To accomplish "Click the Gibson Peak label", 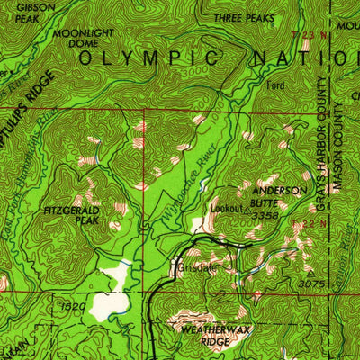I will click(20, 12).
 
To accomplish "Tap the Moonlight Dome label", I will click(76, 38).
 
